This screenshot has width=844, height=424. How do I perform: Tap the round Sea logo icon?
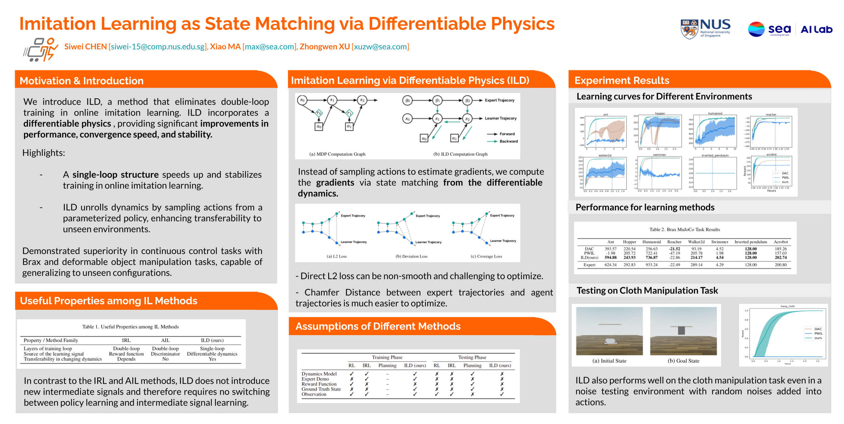(x=756, y=29)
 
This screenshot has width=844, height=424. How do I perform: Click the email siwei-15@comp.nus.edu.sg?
(x=158, y=47)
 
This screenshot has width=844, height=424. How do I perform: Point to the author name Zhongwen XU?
(x=324, y=47)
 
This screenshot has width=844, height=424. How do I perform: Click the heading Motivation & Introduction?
(x=82, y=81)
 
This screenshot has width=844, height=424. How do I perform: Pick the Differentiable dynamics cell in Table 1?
(x=212, y=354)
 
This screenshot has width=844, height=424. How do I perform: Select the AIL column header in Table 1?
(x=165, y=340)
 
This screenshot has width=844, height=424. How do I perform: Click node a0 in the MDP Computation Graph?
(x=319, y=126)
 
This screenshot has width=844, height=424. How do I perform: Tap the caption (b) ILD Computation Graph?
(x=460, y=154)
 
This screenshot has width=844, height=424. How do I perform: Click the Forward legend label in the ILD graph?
(x=507, y=134)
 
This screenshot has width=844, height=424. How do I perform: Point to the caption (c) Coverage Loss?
(x=486, y=256)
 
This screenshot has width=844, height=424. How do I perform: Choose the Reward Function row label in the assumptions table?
(x=319, y=384)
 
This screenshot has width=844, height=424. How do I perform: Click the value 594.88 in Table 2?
(x=610, y=257)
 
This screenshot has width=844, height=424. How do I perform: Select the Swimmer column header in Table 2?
(x=719, y=242)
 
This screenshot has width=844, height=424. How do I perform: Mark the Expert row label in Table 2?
(x=589, y=265)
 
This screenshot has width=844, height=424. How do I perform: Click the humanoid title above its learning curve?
(x=715, y=114)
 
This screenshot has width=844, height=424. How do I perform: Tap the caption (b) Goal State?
(x=683, y=361)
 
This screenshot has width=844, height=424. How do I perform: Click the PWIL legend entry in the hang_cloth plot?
(x=818, y=333)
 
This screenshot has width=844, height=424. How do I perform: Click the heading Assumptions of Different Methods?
(x=378, y=326)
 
